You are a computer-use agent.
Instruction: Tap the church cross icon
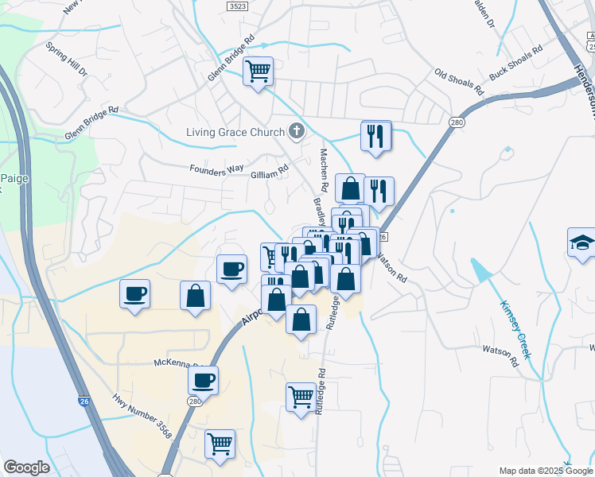pyautogui.click(x=297, y=132)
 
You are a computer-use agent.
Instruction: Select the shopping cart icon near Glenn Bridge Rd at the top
pyautogui.click(x=259, y=72)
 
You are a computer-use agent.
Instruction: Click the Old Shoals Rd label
pyautogui.click(x=459, y=83)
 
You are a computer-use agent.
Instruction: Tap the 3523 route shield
pyautogui.click(x=236, y=5)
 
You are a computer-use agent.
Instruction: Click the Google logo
pyautogui.click(x=25, y=467)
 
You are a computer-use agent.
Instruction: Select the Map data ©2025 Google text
pyautogui.click(x=546, y=471)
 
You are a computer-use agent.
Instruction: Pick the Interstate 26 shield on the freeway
pyautogui.click(x=84, y=402)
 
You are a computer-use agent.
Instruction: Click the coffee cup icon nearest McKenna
pyautogui.click(x=204, y=380)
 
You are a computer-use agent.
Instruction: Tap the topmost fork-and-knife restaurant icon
pyautogui.click(x=376, y=135)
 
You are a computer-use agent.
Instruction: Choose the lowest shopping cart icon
pyautogui.click(x=220, y=444)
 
